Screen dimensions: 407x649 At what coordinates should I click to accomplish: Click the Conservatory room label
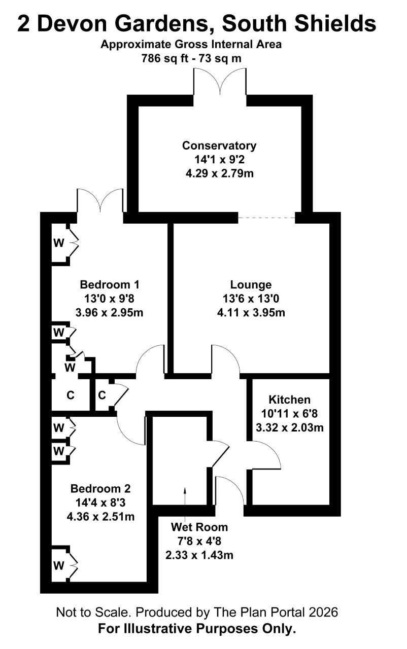coord(219,146)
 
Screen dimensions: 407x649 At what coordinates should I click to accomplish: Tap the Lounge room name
coord(251,284)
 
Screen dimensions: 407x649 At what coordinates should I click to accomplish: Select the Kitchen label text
coord(289,400)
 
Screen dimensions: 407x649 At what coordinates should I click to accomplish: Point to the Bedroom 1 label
coord(109,284)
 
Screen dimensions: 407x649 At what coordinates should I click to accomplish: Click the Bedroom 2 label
coord(100,488)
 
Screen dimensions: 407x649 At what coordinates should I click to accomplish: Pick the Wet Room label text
coord(199,527)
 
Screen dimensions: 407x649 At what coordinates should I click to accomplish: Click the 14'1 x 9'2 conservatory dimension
coord(219,159)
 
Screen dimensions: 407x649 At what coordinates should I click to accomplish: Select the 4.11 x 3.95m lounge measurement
coord(251,312)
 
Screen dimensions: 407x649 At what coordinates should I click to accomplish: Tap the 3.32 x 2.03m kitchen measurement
coord(290,427)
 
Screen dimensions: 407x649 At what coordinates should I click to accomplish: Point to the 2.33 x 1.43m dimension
coord(199,555)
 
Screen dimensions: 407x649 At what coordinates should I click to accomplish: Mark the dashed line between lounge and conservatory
coord(267,218)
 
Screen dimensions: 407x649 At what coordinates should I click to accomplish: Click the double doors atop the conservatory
coord(220,82)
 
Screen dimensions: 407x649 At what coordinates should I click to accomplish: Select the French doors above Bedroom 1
coord(100,200)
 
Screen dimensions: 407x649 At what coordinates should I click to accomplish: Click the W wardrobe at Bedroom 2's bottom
coord(58,565)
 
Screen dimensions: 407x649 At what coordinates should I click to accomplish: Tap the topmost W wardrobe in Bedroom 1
coord(58,242)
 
